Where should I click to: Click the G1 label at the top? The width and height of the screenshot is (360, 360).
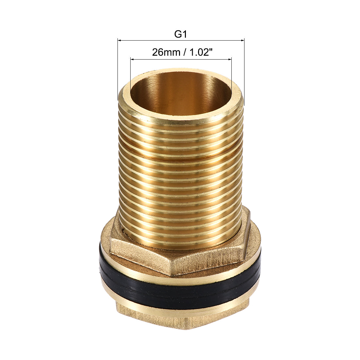180,34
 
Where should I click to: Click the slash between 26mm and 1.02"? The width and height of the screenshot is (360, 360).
182,52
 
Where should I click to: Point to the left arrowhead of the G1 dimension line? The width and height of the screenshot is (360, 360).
119,41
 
